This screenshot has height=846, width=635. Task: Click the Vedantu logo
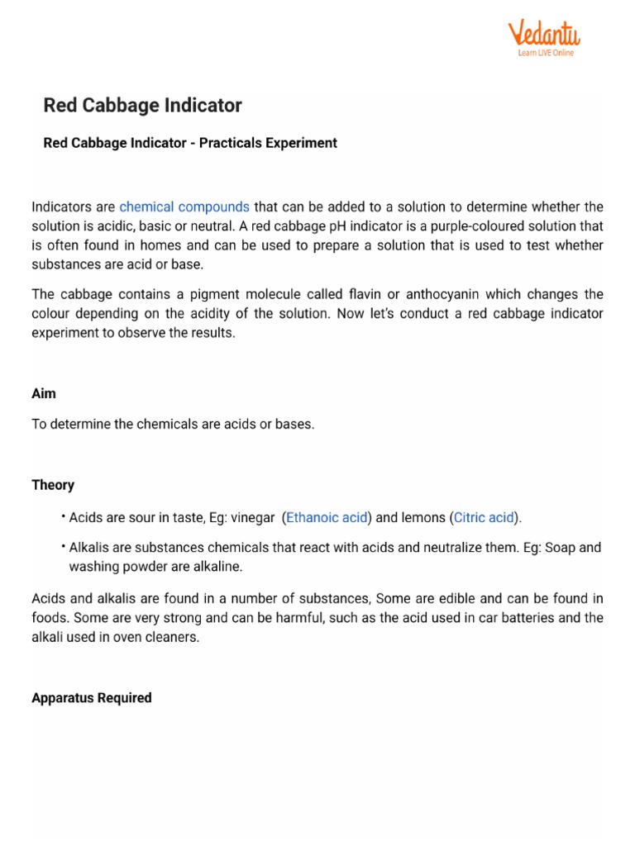point(543,35)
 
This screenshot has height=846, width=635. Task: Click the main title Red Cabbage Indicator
point(142,106)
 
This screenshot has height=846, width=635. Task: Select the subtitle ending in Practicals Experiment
point(189,143)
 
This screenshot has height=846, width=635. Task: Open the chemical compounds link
point(184,207)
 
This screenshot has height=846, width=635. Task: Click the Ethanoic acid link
point(327,518)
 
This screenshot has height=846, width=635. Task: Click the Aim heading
point(44,394)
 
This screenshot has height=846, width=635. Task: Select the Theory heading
point(53,485)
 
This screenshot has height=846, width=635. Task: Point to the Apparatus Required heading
point(91,698)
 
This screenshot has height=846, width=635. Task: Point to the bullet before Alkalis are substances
point(62,547)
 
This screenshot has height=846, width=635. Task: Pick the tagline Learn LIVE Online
point(545,53)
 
